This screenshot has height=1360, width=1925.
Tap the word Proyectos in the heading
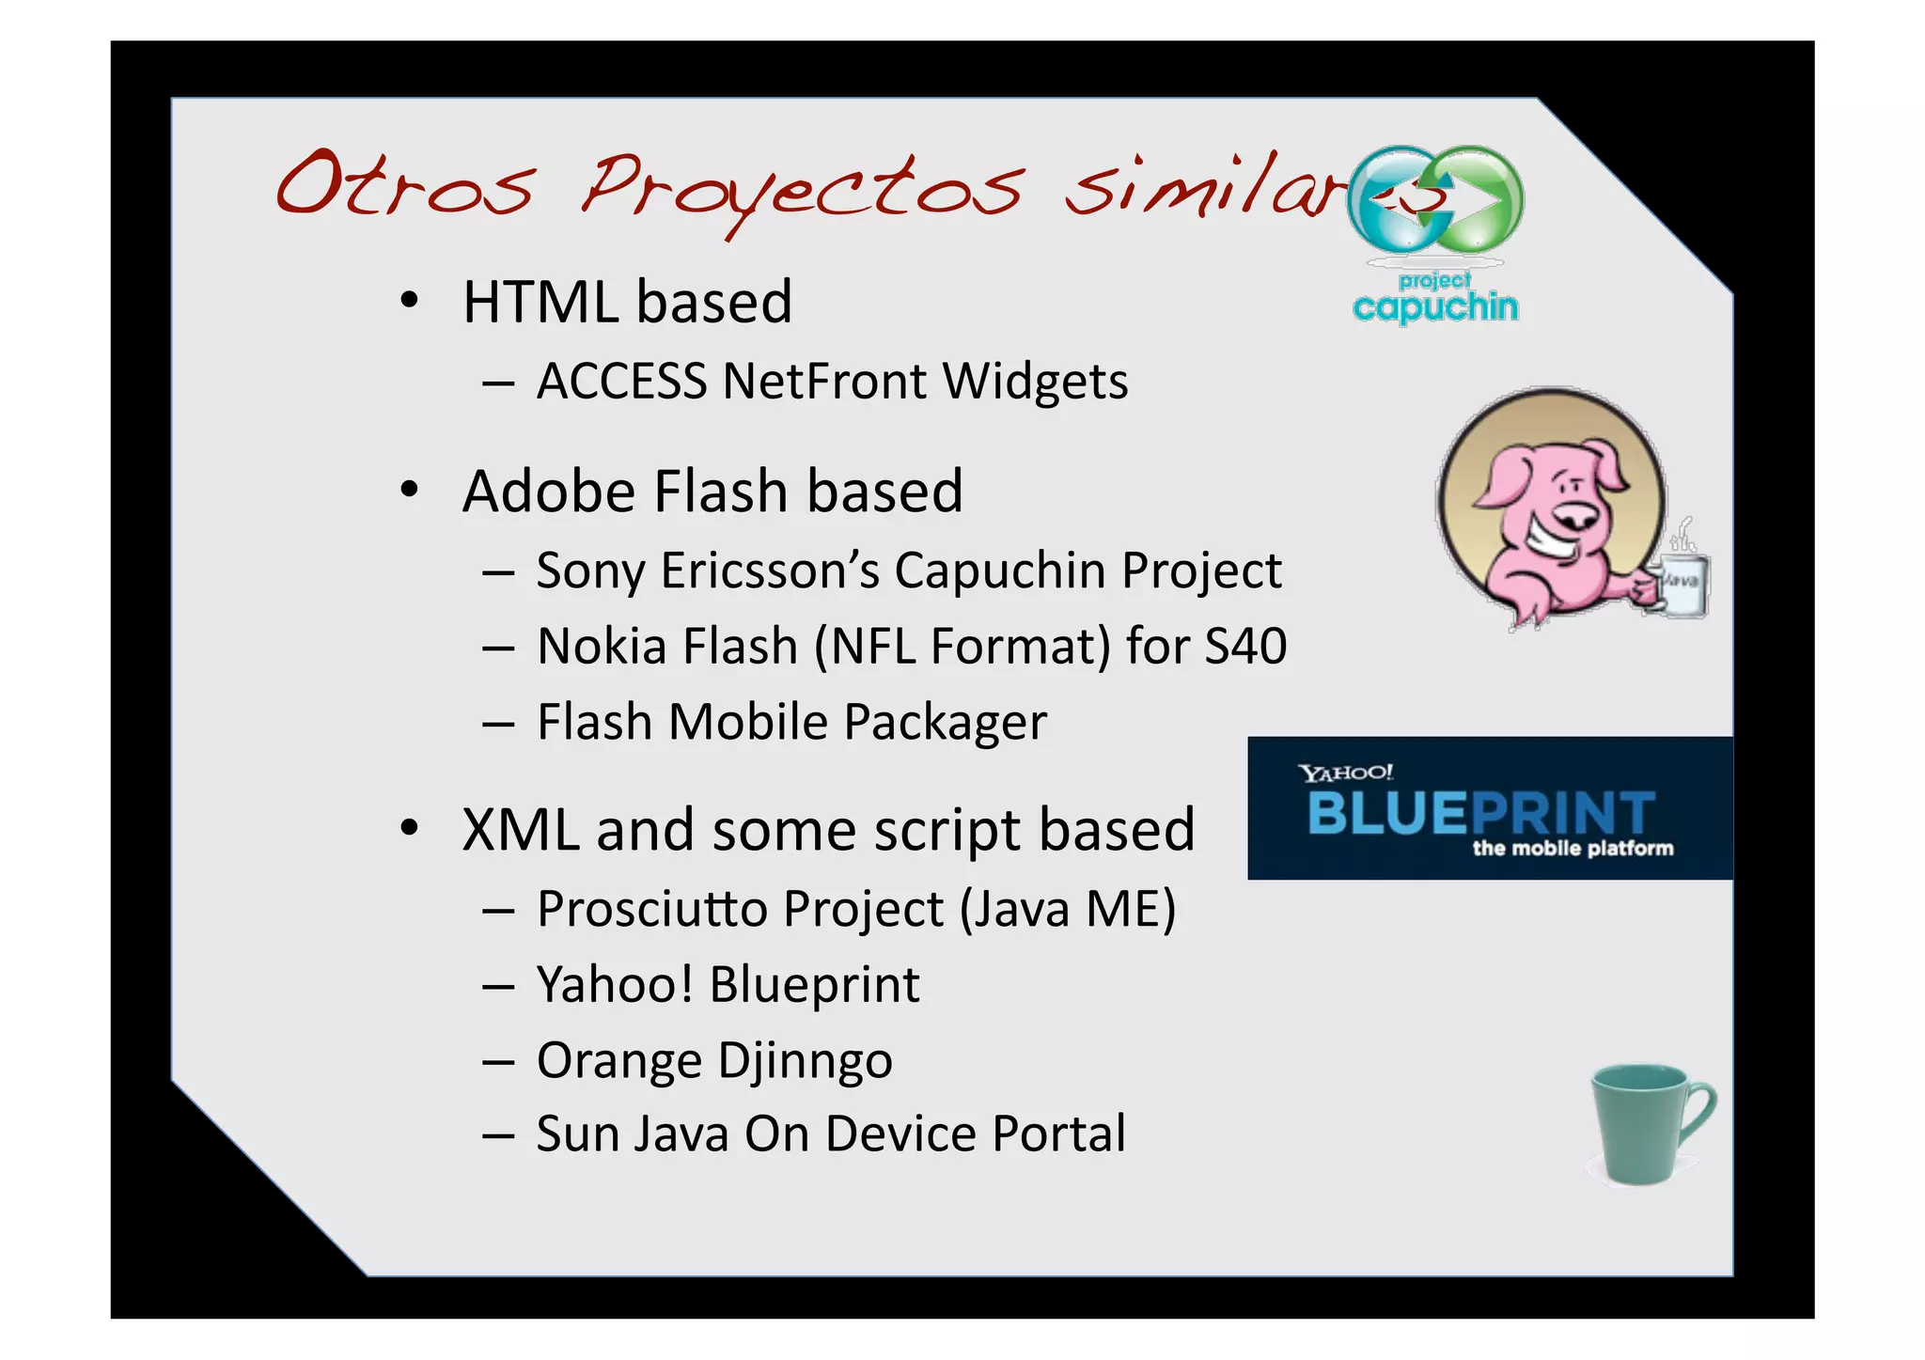(799, 188)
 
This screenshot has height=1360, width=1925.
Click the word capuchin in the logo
(1435, 306)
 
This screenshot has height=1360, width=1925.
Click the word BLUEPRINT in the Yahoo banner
(1480, 813)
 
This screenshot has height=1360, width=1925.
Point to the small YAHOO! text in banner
(1345, 773)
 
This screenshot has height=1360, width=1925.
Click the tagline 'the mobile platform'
(1573, 849)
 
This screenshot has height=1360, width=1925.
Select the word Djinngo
(804, 1061)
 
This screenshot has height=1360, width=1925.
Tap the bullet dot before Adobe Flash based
(408, 491)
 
